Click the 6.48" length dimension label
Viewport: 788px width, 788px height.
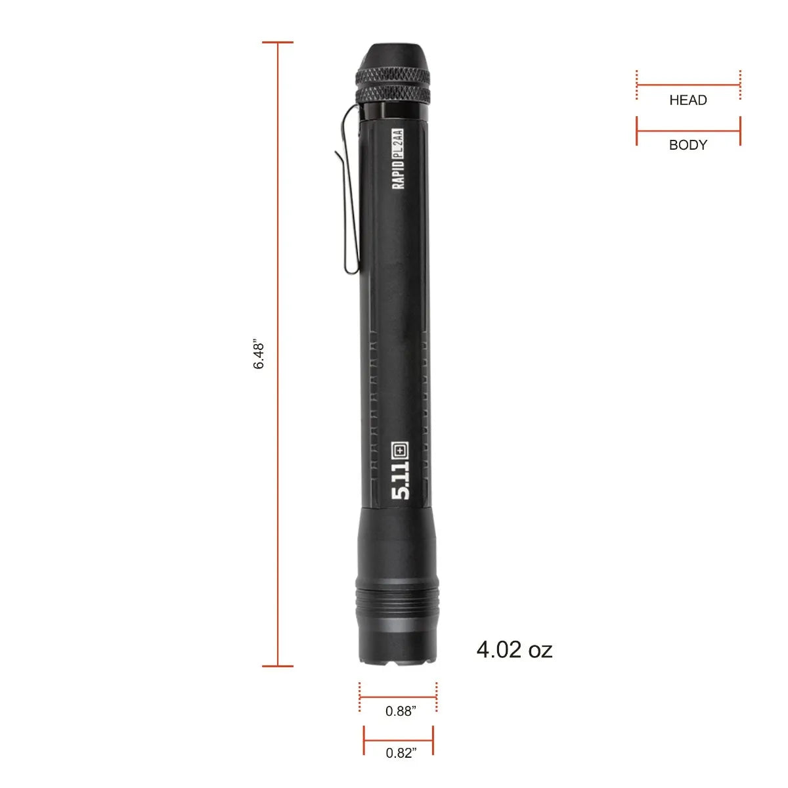pyautogui.click(x=259, y=355)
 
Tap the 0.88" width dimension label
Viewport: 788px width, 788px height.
pyautogui.click(x=401, y=711)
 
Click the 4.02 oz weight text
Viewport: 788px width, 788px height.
pyautogui.click(x=514, y=649)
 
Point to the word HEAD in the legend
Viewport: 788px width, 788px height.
pyautogui.click(x=688, y=100)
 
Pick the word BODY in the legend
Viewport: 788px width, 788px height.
pyautogui.click(x=688, y=145)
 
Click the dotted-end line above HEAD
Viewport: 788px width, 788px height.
pyautogui.click(x=688, y=85)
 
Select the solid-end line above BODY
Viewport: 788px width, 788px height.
pyautogui.click(x=688, y=131)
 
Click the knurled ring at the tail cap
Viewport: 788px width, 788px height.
pyautogui.click(x=394, y=85)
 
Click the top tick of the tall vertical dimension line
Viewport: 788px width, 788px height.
pyautogui.click(x=278, y=43)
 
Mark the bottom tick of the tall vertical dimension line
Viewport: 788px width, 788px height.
pyautogui.click(x=278, y=666)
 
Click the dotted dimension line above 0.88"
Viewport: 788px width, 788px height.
pyautogui.click(x=398, y=697)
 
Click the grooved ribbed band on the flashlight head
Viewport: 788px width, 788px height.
pyautogui.click(x=397, y=601)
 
